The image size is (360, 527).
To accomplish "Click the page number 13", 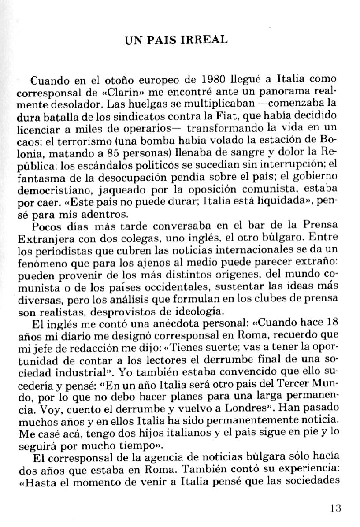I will (335, 508).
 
